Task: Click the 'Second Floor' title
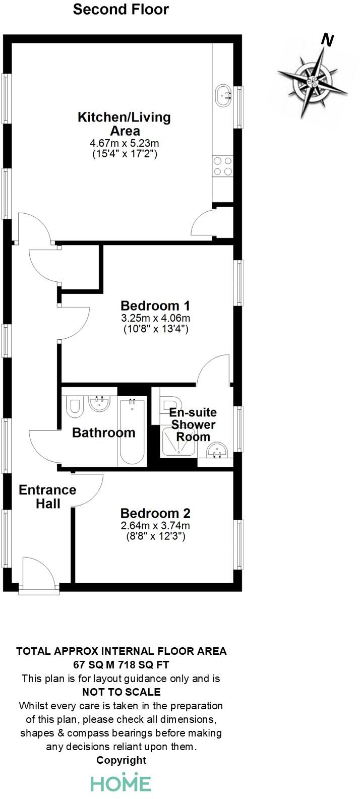121,9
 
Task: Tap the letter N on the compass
328,40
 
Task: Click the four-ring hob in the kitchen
223,166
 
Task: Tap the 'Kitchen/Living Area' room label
124,124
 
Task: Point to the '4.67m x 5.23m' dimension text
124,144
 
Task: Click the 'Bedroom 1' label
156,305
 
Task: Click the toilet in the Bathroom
75,406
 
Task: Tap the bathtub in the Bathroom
132,431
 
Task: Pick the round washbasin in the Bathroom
99,403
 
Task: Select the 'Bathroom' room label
103,433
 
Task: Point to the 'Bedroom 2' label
155,514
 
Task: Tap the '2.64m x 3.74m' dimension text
155,526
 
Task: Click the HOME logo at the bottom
121,783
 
